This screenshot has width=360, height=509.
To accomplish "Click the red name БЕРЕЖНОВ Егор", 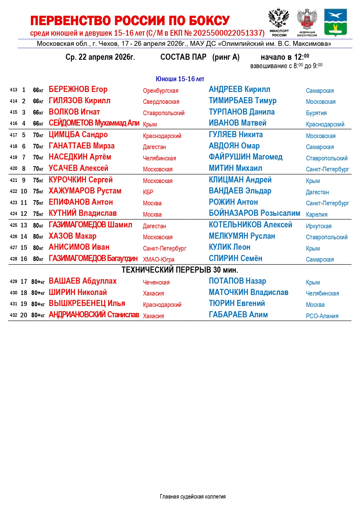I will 78,89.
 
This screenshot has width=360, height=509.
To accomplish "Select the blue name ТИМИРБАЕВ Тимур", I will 243,101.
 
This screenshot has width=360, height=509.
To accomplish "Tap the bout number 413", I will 14,90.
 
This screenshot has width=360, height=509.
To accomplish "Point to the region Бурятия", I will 316,113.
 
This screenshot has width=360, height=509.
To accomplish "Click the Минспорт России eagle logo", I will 279,22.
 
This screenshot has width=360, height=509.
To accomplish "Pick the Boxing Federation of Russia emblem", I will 307,22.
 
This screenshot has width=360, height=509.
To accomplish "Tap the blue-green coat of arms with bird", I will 335,22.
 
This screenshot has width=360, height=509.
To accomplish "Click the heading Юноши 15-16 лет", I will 180,79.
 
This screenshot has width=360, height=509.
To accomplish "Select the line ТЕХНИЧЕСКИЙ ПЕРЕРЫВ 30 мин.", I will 180,270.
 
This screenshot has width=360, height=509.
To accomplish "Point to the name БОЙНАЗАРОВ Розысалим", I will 254,213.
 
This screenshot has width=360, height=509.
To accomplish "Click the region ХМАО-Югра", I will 159,260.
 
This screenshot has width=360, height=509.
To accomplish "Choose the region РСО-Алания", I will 322,316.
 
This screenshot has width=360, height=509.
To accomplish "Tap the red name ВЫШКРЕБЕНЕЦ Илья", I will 87,303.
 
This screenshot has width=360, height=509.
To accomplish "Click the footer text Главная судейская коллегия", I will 193,497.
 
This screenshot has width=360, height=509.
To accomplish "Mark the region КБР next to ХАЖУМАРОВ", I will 148,192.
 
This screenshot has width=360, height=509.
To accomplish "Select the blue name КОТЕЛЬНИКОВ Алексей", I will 250,225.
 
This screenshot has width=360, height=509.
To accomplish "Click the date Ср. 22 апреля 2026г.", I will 100,57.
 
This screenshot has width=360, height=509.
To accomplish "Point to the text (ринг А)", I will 226,57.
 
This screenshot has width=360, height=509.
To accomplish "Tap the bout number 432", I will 14,315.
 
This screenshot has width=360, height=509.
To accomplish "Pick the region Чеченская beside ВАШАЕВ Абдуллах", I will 156,282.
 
